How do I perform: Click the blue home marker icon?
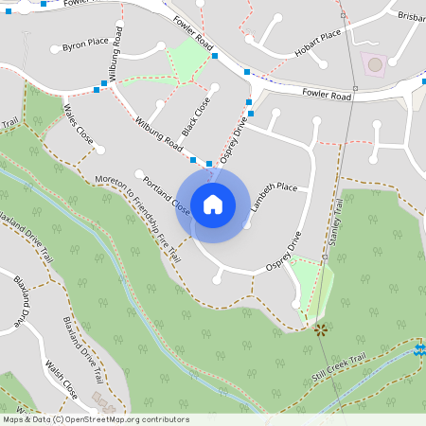(212, 204)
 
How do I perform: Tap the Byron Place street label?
(86, 44)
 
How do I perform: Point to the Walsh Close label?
(63, 373)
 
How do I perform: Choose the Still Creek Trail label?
(338, 369)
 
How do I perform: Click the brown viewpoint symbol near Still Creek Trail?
(321, 329)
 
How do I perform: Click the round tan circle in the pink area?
(375, 64)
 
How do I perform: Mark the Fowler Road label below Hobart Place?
(327, 96)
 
